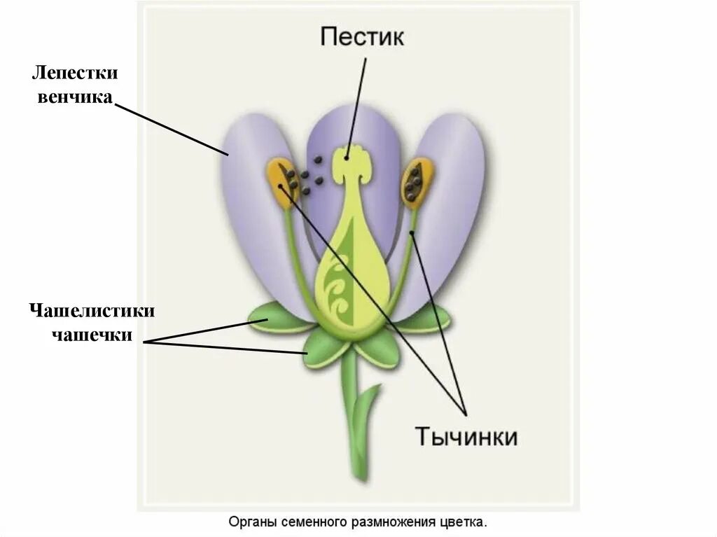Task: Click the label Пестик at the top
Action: pos(362,36)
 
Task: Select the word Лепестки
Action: pos(74,74)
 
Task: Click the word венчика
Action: pos(74,97)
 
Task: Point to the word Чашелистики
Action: pos(92,310)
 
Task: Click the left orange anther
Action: pos(281,183)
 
